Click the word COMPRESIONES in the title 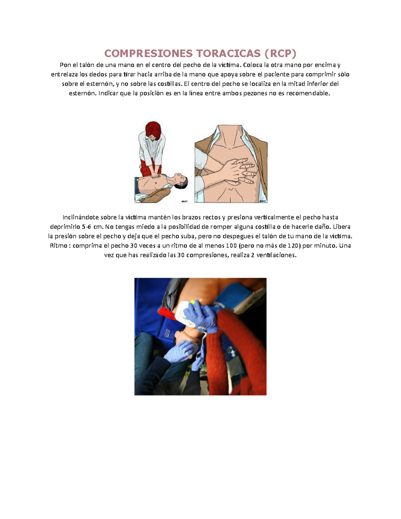click(x=148, y=53)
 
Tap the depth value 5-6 click(x=87, y=227)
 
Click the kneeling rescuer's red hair click(x=153, y=131)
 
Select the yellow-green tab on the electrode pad click(x=192, y=302)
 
